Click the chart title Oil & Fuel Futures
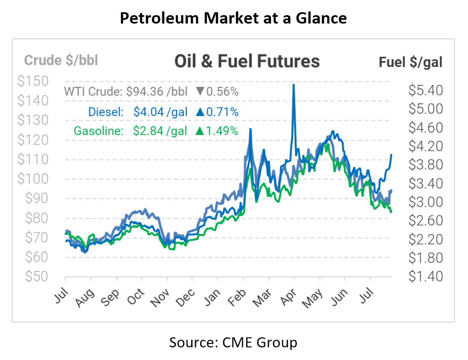pyautogui.click(x=247, y=61)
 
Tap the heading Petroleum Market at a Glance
pyautogui.click(x=233, y=18)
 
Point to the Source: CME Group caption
pyautogui.click(x=233, y=342)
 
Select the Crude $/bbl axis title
pyautogui.click(x=61, y=60)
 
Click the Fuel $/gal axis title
pyautogui.click(x=410, y=62)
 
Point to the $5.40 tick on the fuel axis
pyautogui.click(x=425, y=90)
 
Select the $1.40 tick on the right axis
pyautogui.click(x=425, y=277)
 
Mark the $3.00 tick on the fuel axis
pyautogui.click(x=425, y=202)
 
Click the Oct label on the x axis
pyautogui.click(x=136, y=292)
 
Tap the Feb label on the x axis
pyautogui.click(x=238, y=292)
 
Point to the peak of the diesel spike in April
pyautogui.click(x=294, y=85)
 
